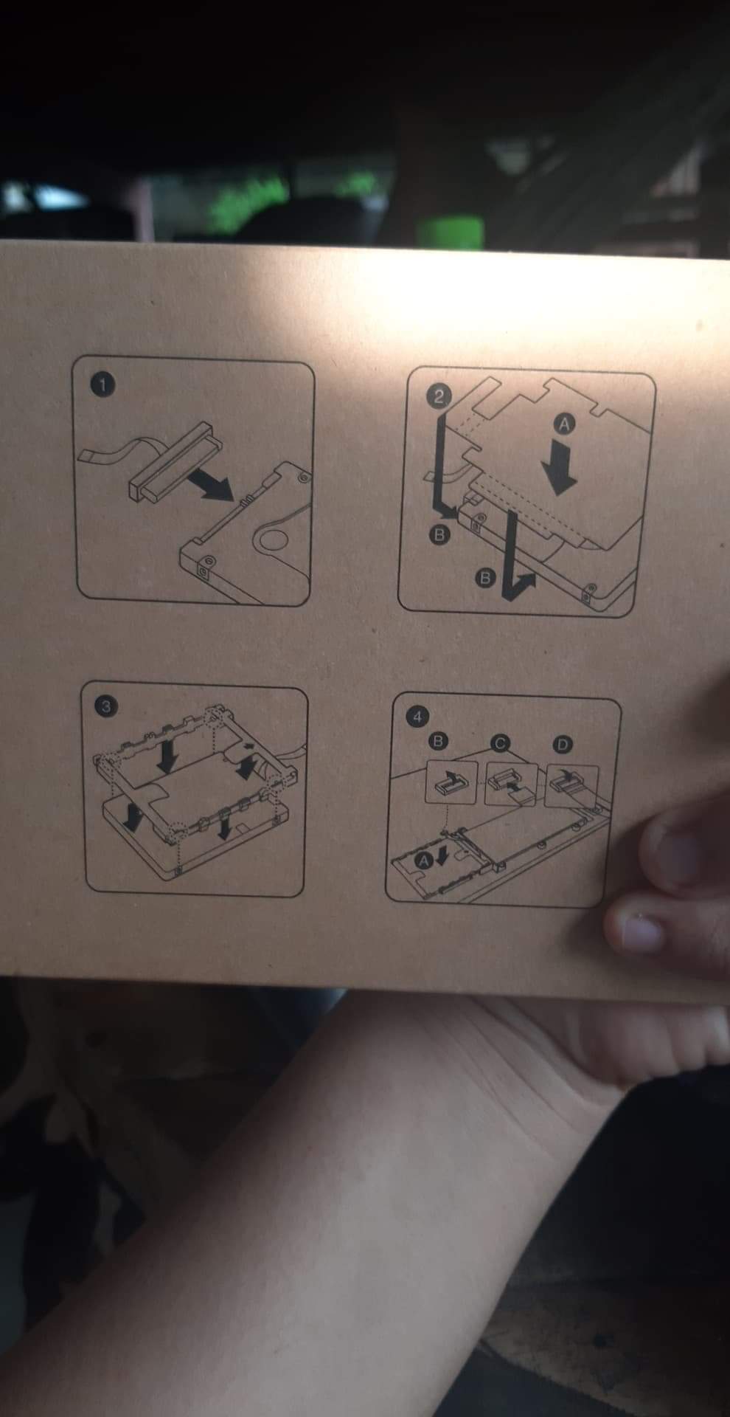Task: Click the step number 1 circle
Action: tap(103, 385)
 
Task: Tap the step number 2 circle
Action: tap(438, 396)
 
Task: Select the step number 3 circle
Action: tap(106, 706)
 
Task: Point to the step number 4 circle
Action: tap(417, 716)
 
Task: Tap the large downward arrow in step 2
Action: tap(560, 469)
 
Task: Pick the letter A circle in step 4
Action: tap(423, 860)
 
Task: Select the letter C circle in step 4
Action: tap(499, 744)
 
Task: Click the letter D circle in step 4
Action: tap(563, 745)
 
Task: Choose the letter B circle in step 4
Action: tap(439, 740)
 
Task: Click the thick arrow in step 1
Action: tap(211, 486)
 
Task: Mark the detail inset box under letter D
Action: tap(571, 787)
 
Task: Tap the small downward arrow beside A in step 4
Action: tap(442, 855)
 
